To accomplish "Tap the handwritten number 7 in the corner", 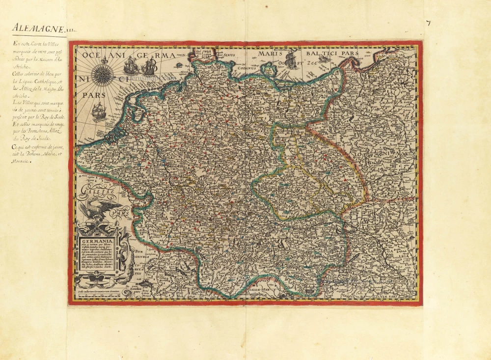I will coord(428,24).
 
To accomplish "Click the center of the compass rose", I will coord(104,73).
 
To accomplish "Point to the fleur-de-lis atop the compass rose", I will coord(104,60).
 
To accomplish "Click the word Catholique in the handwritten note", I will coord(48,81).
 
